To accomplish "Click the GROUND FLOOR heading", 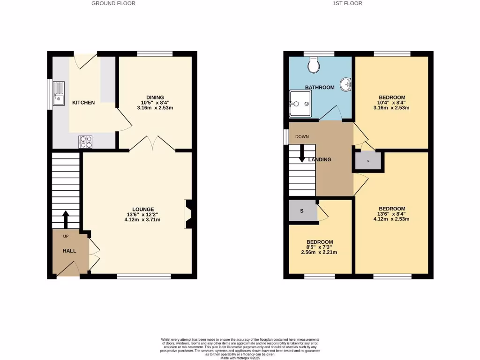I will [x=113, y=3].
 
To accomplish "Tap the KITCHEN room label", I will [x=83, y=103].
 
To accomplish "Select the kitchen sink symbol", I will [x=59, y=94].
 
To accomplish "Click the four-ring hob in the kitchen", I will [x=85, y=142].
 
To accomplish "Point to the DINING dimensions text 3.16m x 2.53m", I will [x=155, y=108].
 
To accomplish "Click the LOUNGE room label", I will [x=143, y=210].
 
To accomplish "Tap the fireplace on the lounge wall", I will [x=188, y=214].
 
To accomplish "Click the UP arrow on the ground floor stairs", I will [x=66, y=218].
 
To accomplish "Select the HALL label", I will [x=69, y=251].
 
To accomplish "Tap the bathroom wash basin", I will [x=345, y=85].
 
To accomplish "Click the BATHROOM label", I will [x=320, y=88].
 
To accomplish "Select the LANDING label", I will [x=320, y=160].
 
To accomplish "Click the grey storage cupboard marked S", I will [x=302, y=211].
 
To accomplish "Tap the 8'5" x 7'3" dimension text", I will [x=320, y=247].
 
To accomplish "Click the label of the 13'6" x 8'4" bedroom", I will [x=392, y=209].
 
